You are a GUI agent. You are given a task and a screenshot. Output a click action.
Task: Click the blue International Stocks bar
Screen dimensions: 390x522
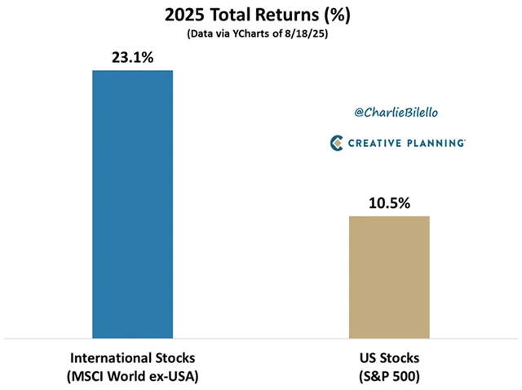133,204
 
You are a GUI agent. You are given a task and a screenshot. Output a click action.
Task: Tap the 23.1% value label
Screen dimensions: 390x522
133,58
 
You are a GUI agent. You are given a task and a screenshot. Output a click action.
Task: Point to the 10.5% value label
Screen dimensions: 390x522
389,202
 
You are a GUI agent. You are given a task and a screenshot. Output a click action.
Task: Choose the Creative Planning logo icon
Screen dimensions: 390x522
337,143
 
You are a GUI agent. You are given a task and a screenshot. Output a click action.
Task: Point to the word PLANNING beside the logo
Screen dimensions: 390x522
437,144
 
